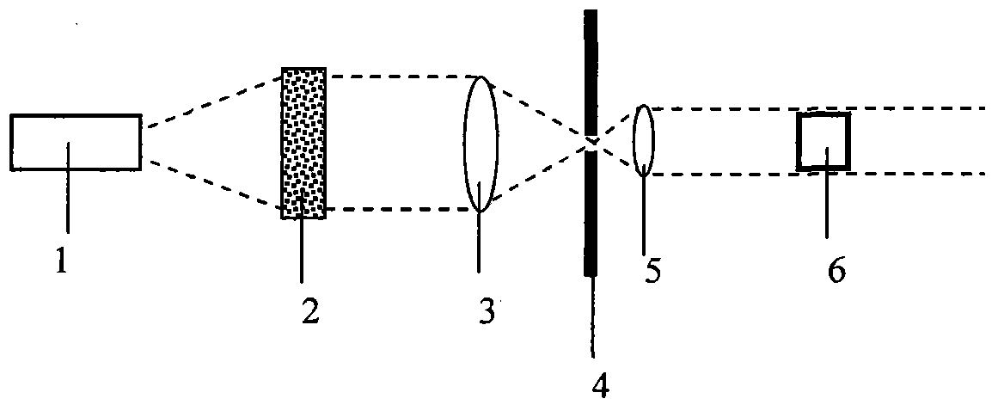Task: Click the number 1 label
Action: point(61,260)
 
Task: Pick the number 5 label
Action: point(653,270)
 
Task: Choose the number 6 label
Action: point(836,270)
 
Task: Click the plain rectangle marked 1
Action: point(76,142)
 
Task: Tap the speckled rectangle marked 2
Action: point(303,142)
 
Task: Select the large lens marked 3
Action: point(481,144)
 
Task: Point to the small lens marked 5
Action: point(644,140)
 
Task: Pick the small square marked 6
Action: point(824,141)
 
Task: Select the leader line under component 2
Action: point(302,249)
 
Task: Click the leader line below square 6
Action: point(827,202)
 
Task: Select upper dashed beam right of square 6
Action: point(920,108)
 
